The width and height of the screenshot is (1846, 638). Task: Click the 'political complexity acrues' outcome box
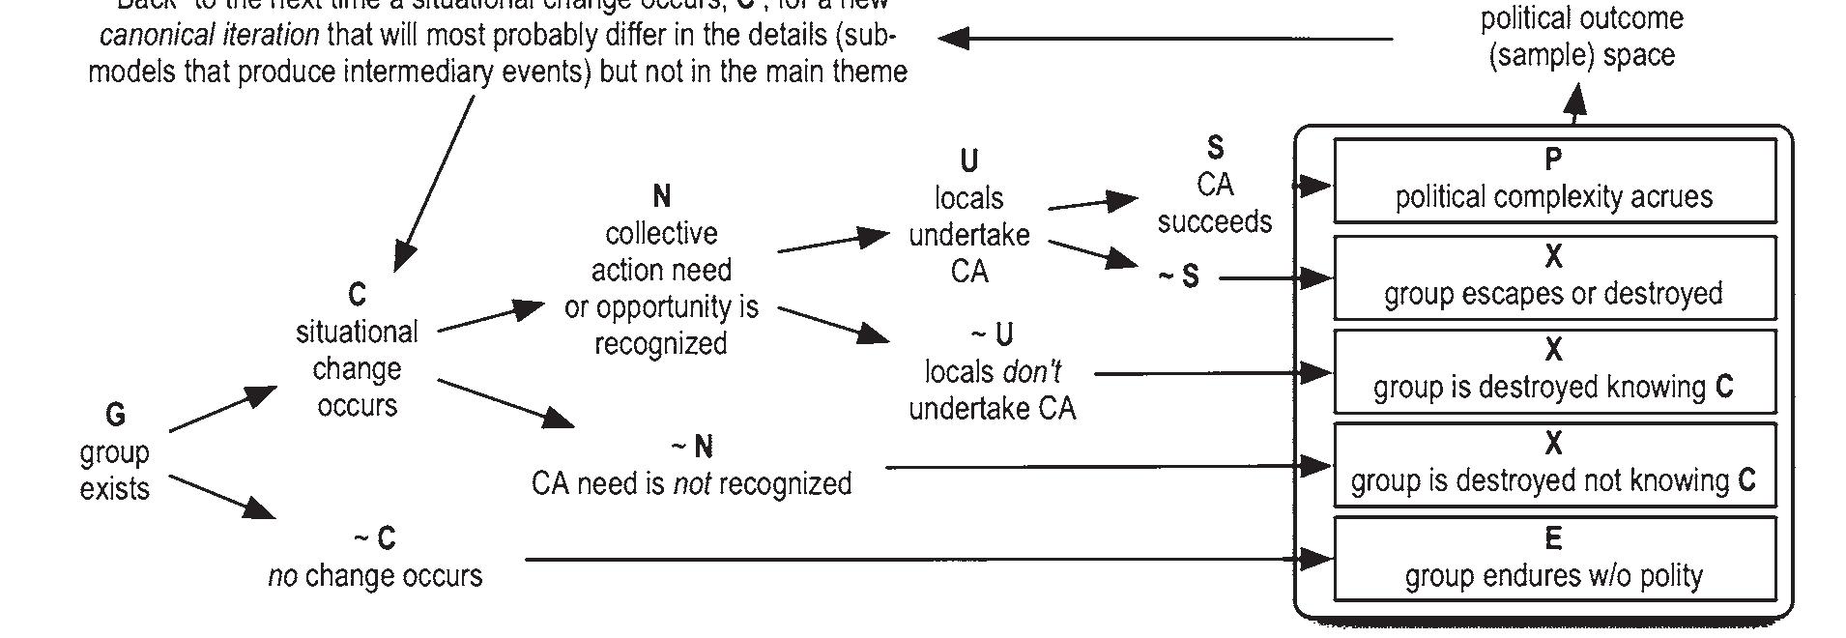pos(1553,181)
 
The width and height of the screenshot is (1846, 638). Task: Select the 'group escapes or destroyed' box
pos(1553,277)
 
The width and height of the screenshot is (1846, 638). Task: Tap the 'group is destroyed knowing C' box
pos(1553,371)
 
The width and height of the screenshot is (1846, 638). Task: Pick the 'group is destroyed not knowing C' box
pos(1553,465)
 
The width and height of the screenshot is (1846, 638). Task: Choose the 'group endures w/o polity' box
pos(1553,559)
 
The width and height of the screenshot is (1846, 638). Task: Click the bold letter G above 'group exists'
pos(115,415)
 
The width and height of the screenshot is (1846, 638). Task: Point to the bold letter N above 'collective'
pos(661,196)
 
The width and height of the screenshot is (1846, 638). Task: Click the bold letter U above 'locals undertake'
pos(968,160)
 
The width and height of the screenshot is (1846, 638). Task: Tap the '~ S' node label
pos(1179,277)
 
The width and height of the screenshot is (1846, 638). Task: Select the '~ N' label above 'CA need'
pos(692,447)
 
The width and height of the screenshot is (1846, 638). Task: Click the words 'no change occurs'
pos(375,576)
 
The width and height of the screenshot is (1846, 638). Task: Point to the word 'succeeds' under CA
pos(1215,222)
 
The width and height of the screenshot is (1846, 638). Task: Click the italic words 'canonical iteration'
pos(210,37)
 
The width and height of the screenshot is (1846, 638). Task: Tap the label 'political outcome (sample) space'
pos(1581,37)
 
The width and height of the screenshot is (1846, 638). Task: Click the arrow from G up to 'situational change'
pos(222,408)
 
